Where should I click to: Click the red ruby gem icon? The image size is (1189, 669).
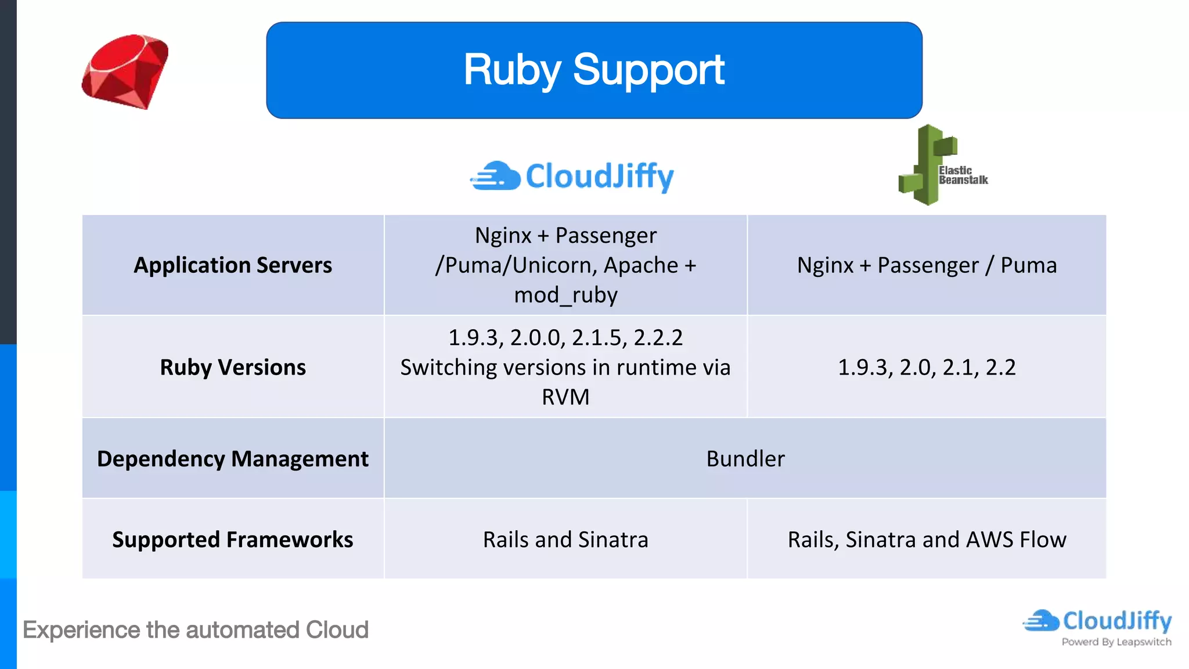click(125, 71)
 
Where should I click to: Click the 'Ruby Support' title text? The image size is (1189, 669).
click(593, 70)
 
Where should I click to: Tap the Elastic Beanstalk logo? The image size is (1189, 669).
click(941, 166)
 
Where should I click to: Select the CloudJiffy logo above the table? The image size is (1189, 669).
click(572, 177)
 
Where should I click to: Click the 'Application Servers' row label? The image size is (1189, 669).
click(233, 265)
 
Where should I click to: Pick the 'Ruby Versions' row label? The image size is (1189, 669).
click(233, 368)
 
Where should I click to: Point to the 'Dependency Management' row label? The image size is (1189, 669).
click(233, 459)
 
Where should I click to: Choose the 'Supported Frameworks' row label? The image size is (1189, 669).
click(233, 539)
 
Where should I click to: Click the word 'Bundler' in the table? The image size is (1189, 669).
click(745, 459)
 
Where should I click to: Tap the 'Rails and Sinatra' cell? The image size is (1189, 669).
click(565, 539)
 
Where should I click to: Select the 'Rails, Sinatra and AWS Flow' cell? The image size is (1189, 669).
click(927, 539)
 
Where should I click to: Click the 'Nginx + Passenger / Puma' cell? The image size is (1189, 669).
click(927, 265)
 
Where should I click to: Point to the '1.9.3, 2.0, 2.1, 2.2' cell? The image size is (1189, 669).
click(927, 368)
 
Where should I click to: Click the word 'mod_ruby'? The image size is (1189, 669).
click(565, 295)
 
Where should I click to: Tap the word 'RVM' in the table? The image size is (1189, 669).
click(565, 397)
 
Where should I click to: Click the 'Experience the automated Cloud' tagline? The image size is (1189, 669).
click(196, 630)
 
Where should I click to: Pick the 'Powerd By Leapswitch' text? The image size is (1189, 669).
click(1116, 642)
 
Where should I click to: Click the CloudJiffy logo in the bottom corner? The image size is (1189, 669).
click(1097, 621)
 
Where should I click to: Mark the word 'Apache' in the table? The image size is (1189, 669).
click(640, 265)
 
